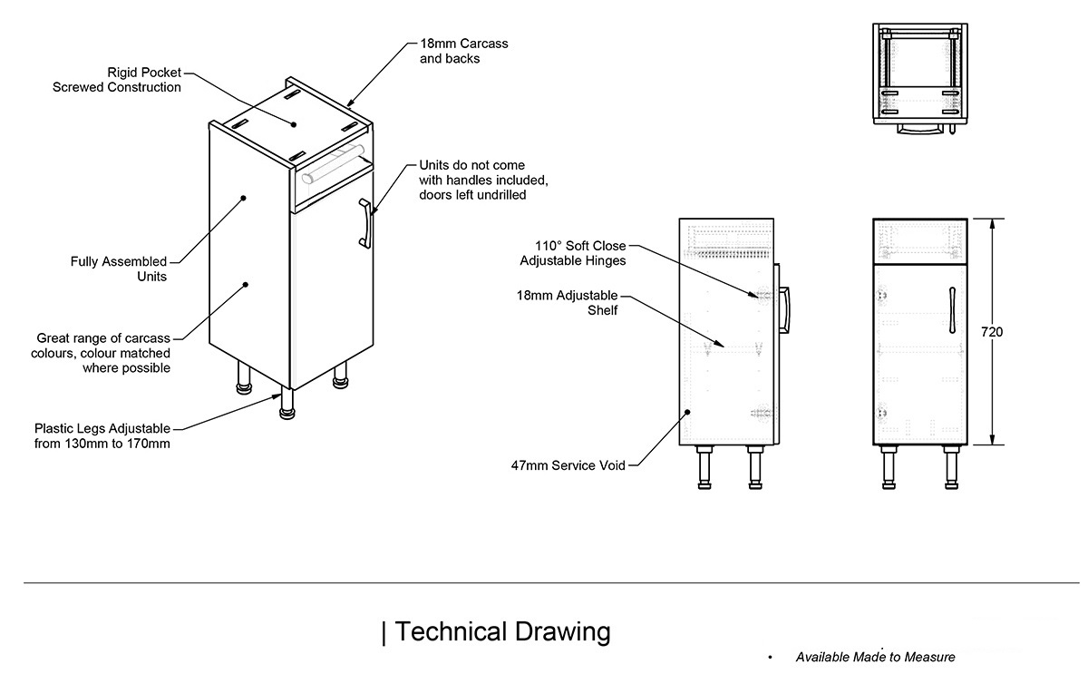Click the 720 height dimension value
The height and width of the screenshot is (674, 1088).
tap(992, 333)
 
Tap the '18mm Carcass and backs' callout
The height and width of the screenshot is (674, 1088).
tap(463, 51)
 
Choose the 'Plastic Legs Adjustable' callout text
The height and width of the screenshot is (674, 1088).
tap(102, 435)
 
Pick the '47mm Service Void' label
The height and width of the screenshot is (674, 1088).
tap(568, 466)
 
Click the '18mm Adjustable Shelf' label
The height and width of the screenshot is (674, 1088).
tap(567, 302)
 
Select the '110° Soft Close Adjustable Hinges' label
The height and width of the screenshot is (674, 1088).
tap(572, 253)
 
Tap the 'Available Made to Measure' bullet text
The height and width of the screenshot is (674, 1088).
tap(875, 657)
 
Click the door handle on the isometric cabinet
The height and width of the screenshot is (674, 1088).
tap(364, 223)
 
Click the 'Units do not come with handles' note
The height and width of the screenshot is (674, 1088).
tap(483, 181)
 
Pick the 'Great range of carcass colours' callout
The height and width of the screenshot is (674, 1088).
tap(103, 353)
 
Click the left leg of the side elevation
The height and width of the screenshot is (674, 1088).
tap(703, 468)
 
